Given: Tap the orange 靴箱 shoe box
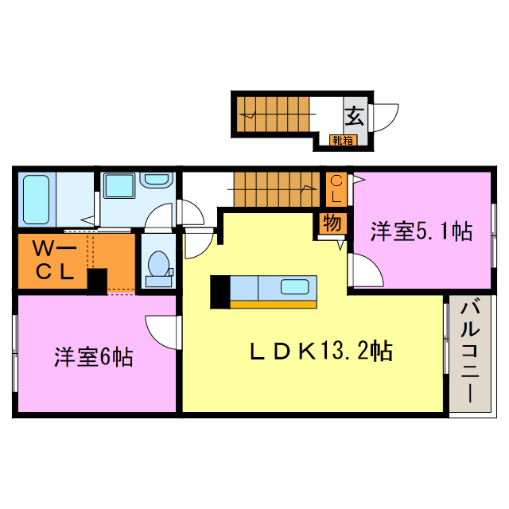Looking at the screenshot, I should pos(343,142).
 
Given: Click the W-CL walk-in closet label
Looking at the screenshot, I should pos(53,259).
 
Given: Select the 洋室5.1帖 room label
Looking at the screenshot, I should pos(422,231).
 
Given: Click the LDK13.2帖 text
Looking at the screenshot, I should pos(321,350).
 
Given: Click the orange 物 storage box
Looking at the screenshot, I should pos(332,223).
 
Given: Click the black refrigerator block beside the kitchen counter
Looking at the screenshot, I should pos(219,291).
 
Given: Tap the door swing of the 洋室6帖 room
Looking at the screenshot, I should pos(161,330).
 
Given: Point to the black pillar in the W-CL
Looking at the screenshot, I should pos(96,281).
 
